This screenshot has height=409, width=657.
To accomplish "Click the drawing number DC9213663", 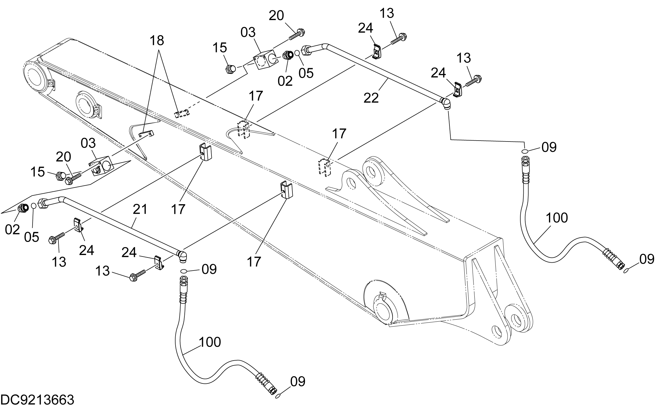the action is pyautogui.click(x=38, y=400).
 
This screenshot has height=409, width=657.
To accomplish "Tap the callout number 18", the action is pyautogui.click(x=157, y=40).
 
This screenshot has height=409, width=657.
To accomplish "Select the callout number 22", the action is pyautogui.click(x=371, y=98).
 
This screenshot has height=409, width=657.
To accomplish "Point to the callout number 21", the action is pyautogui.click(x=140, y=209).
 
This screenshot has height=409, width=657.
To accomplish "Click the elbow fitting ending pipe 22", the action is pyautogui.click(x=446, y=104).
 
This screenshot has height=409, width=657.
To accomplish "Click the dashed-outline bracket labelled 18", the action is pyautogui.click(x=182, y=114).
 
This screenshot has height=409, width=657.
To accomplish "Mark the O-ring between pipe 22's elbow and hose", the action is pyautogui.click(x=525, y=151).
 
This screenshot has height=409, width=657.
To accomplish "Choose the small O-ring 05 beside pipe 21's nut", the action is pyautogui.click(x=34, y=206).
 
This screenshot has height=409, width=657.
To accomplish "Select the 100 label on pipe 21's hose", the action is pyautogui.click(x=210, y=342).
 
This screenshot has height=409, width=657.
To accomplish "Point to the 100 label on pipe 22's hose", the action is pyautogui.click(x=557, y=218).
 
